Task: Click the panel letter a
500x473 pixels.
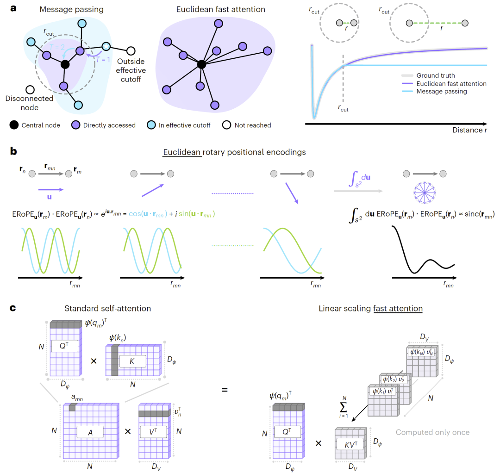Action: pyautogui.click(x=13, y=8)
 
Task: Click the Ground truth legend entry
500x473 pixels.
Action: pyautogui.click(x=435, y=75)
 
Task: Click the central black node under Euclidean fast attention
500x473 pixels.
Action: pyautogui.click(x=201, y=64)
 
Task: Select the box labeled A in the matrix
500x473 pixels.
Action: pyautogui.click(x=89, y=432)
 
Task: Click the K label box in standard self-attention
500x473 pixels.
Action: pyautogui.click(x=133, y=361)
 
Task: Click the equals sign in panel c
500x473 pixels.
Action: pyautogui.click(x=224, y=390)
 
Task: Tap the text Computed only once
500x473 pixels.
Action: pyautogui.click(x=432, y=432)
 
